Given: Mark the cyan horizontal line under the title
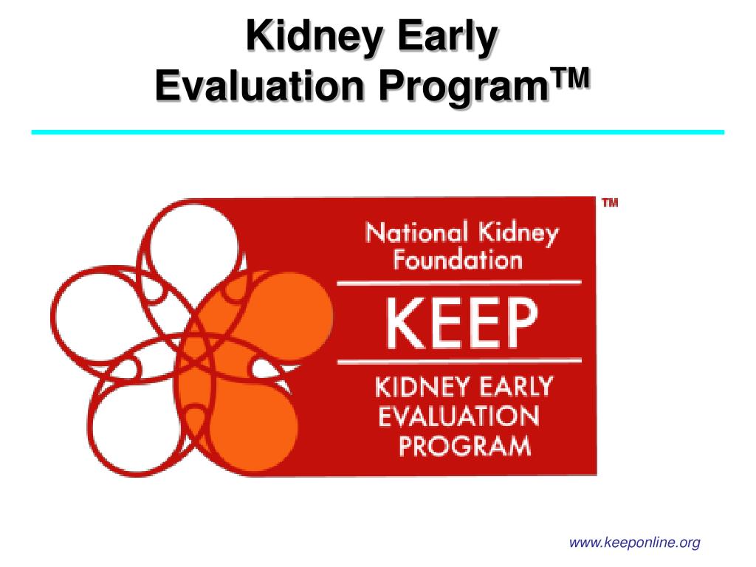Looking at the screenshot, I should click(x=377, y=132).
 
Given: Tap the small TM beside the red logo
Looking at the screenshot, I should click(x=610, y=203).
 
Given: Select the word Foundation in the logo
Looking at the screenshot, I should click(x=457, y=259).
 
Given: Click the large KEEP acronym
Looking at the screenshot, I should click(x=458, y=325).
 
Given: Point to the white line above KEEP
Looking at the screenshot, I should click(x=458, y=283).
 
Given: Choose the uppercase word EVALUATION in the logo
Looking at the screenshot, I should click(x=458, y=417).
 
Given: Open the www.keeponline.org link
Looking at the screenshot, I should click(x=634, y=543).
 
